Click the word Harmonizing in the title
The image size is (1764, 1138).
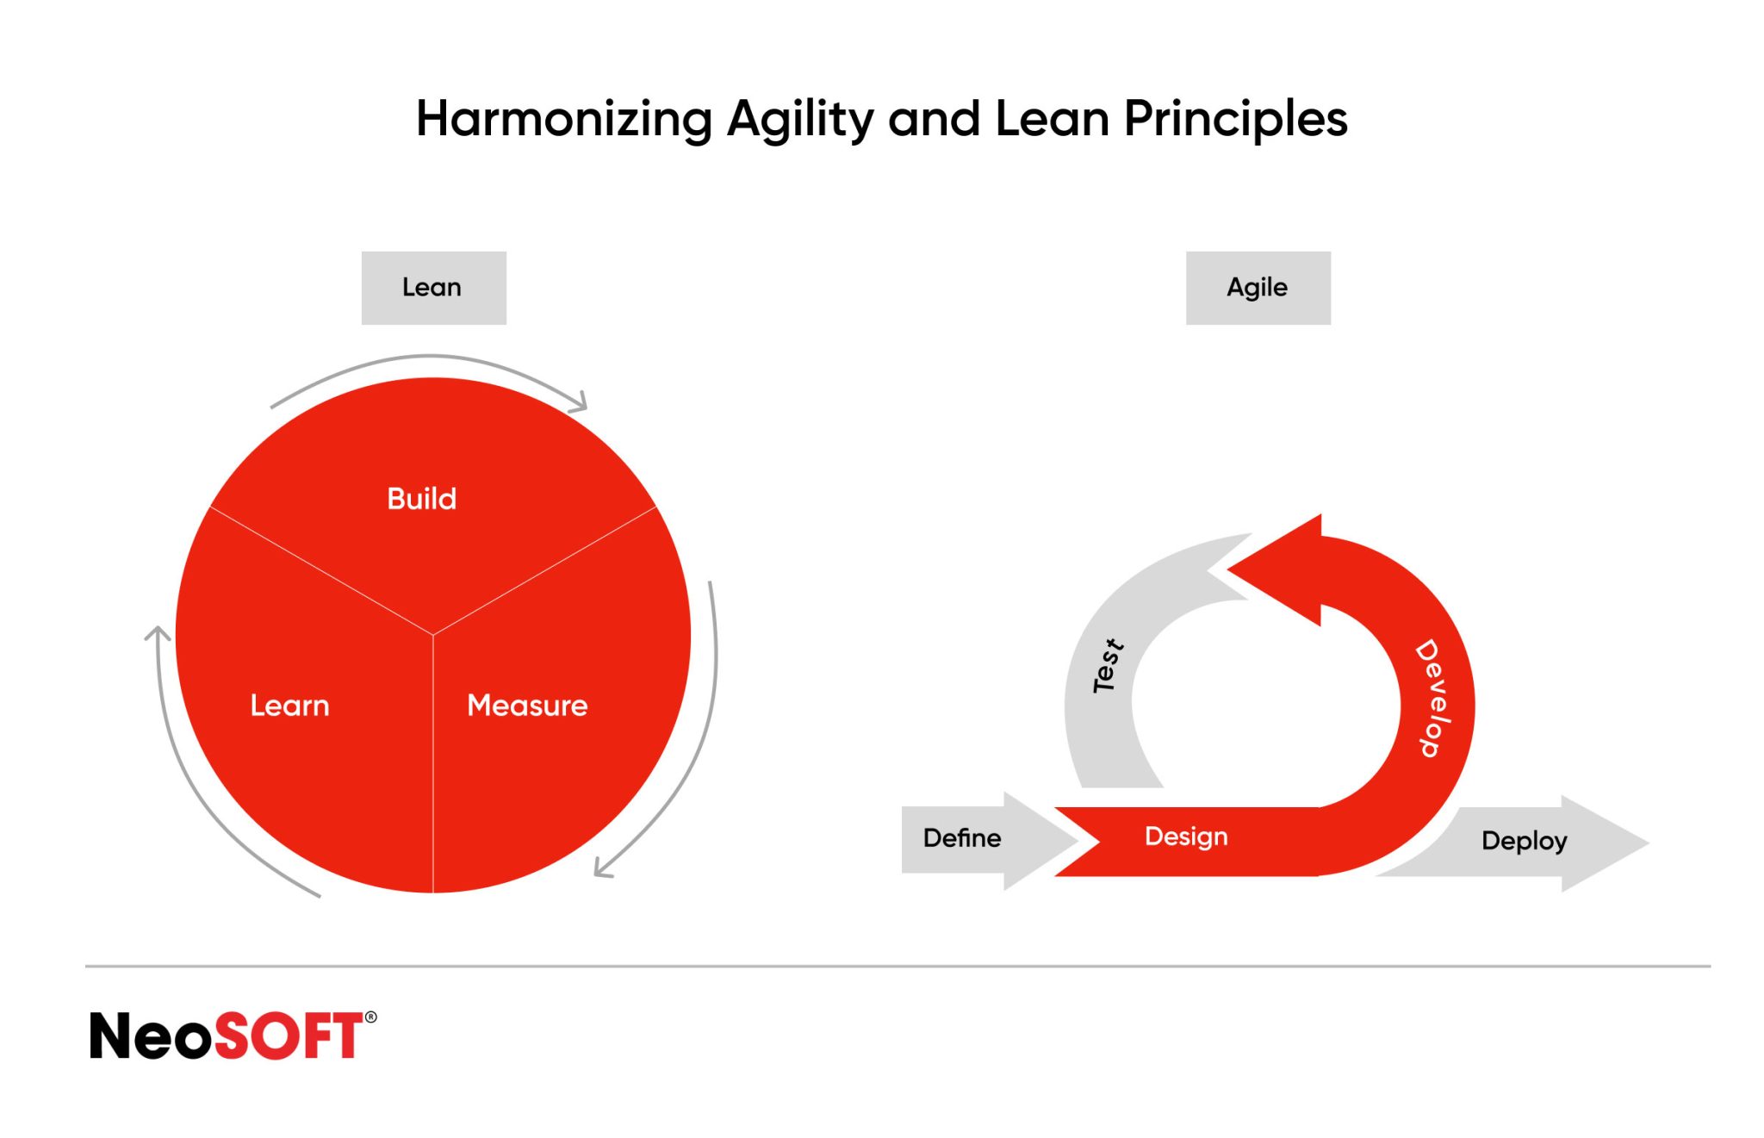click(x=564, y=119)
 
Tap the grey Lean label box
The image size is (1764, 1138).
click(x=433, y=288)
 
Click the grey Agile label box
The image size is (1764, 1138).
click(x=1258, y=288)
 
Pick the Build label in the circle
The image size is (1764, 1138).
click(x=421, y=499)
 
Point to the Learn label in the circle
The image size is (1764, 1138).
click(x=289, y=706)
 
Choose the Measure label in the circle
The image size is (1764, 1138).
click(x=527, y=706)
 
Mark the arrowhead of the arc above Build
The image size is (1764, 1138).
click(x=581, y=402)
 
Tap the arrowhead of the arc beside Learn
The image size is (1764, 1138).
click(x=158, y=633)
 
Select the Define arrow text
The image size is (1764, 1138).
click(x=961, y=838)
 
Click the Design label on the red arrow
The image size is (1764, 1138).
click(x=1186, y=836)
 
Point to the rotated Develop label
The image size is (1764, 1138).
click(x=1433, y=698)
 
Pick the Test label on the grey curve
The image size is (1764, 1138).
click(x=1107, y=666)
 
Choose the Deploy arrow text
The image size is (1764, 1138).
click(x=1524, y=841)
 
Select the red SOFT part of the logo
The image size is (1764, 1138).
click(x=288, y=1035)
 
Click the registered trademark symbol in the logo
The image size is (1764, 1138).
click(x=370, y=1017)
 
